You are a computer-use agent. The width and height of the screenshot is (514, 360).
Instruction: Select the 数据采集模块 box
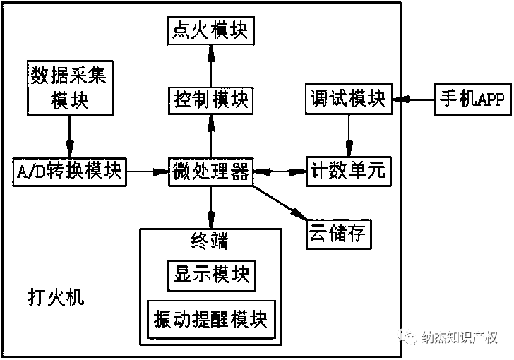[x=69, y=88]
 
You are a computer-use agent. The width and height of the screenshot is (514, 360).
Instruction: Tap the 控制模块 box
[x=210, y=100]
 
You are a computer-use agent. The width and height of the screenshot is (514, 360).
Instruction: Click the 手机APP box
[x=472, y=100]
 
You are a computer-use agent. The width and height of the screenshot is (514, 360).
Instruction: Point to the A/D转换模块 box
[x=69, y=171]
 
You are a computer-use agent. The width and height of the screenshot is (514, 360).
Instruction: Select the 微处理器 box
[x=210, y=171]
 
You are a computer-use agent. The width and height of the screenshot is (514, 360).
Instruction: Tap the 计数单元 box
[x=347, y=171]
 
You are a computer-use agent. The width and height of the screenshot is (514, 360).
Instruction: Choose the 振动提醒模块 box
[x=210, y=318]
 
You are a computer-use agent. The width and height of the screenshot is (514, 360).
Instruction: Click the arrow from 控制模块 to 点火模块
[x=210, y=66]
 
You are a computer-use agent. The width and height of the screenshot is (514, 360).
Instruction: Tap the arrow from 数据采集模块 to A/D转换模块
[x=69, y=136]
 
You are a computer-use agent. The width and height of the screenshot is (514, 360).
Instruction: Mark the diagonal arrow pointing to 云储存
[x=280, y=200]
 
